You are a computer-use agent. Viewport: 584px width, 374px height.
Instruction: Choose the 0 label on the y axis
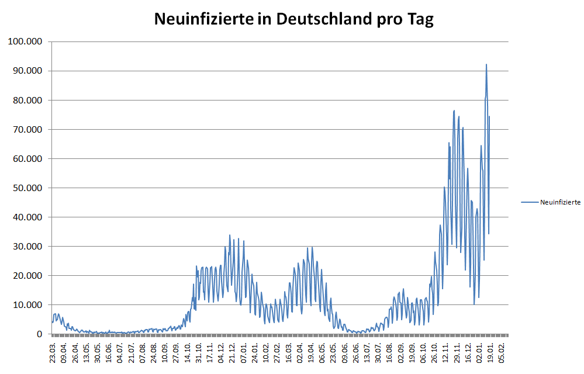pos(40,334)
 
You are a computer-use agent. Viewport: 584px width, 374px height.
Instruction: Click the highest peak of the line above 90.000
pos(486,65)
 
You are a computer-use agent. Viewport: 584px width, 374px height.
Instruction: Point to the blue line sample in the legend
pos(529,202)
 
